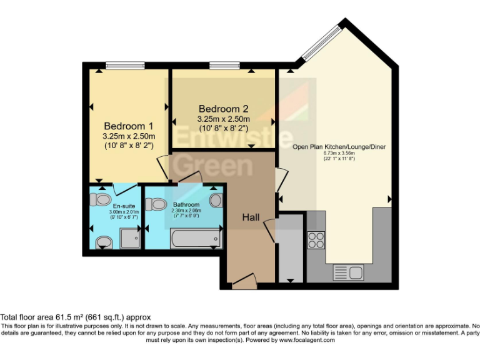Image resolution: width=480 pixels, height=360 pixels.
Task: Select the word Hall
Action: (251, 217)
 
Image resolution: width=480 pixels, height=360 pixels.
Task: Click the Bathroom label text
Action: (186, 204)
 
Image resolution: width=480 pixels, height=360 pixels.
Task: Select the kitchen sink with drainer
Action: (348, 272)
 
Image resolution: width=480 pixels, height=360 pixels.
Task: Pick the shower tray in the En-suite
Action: (129, 238)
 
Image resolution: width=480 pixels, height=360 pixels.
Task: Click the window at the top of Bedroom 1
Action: (125, 64)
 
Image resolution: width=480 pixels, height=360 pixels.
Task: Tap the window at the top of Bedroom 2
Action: (228, 64)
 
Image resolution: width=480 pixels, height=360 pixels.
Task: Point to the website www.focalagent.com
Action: (307, 341)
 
